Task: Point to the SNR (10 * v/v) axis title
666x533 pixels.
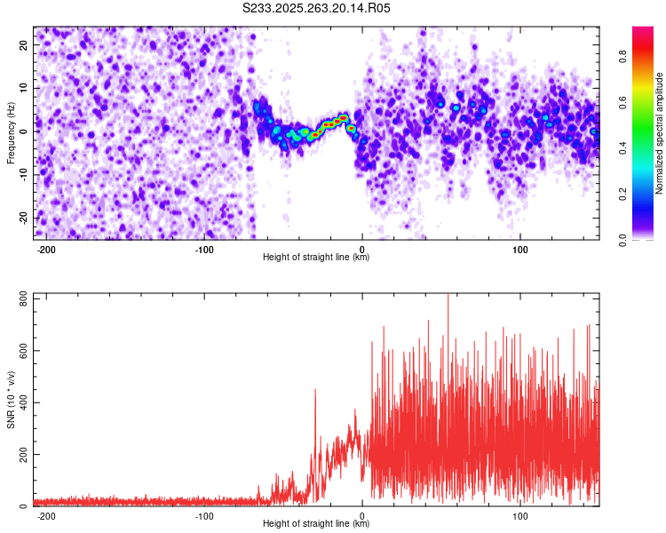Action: (11, 400)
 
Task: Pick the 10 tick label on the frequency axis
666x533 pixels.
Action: (23, 88)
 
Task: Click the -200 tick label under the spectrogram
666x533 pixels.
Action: (47, 249)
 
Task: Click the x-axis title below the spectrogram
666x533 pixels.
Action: (316, 258)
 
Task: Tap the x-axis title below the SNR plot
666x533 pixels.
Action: (316, 524)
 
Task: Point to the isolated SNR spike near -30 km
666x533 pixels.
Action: (314, 391)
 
